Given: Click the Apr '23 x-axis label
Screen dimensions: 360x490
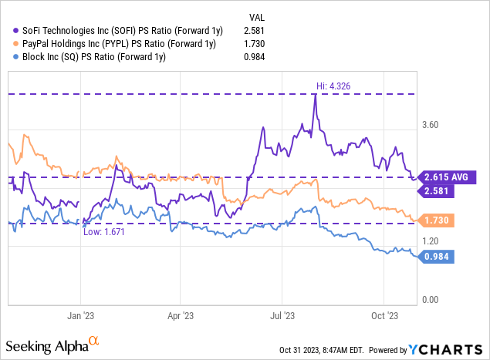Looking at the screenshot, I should [x=180, y=315].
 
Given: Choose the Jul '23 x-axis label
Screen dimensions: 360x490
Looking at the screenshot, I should [x=282, y=315].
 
